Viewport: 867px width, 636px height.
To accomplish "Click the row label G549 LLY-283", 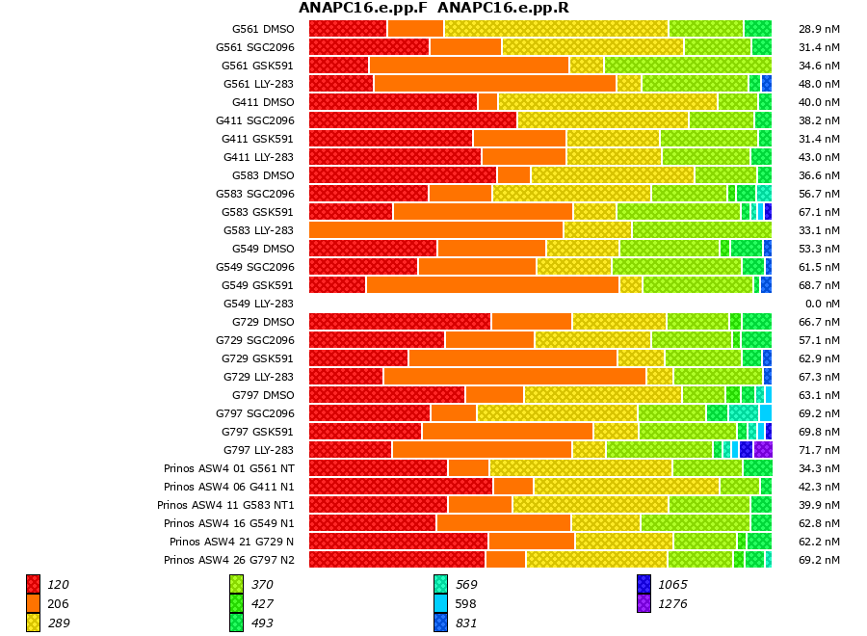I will tap(258, 304).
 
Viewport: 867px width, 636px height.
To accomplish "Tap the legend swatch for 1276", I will tap(644, 603).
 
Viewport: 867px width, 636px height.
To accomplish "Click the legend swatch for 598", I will tap(440, 603).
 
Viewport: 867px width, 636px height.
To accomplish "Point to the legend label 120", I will tap(58, 585).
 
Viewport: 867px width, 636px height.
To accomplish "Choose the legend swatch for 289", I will tap(33, 623).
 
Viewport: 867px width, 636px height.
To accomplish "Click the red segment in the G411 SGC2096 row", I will tap(412, 119).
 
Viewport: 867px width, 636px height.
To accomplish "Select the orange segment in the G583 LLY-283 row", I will tap(435, 229).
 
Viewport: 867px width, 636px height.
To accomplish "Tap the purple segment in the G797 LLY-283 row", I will tap(763, 449).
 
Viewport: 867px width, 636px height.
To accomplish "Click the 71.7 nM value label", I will tap(819, 450).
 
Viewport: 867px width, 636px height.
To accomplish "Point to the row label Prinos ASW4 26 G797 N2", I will tap(229, 560).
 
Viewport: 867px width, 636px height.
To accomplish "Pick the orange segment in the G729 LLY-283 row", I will tap(514, 376).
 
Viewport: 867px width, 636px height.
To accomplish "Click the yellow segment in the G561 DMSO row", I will tap(556, 28).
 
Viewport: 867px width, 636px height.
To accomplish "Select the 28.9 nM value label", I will tap(819, 29).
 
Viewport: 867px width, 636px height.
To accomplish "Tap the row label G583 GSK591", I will tap(257, 212).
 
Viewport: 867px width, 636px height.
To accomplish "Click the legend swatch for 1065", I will tap(644, 584).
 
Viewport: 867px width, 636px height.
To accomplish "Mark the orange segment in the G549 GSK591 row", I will tap(492, 284).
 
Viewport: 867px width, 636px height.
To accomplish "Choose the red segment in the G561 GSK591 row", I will tap(338, 65).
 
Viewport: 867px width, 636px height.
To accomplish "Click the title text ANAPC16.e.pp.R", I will tap(503, 9).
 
